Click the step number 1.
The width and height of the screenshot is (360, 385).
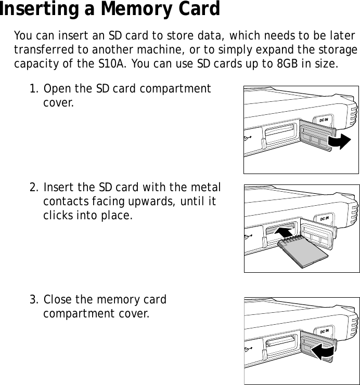[x=33, y=88]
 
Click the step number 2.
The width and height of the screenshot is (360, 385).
[x=33, y=187]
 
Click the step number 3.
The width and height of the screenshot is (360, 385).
[x=33, y=300]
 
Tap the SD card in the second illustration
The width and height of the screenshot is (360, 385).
[x=303, y=250]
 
